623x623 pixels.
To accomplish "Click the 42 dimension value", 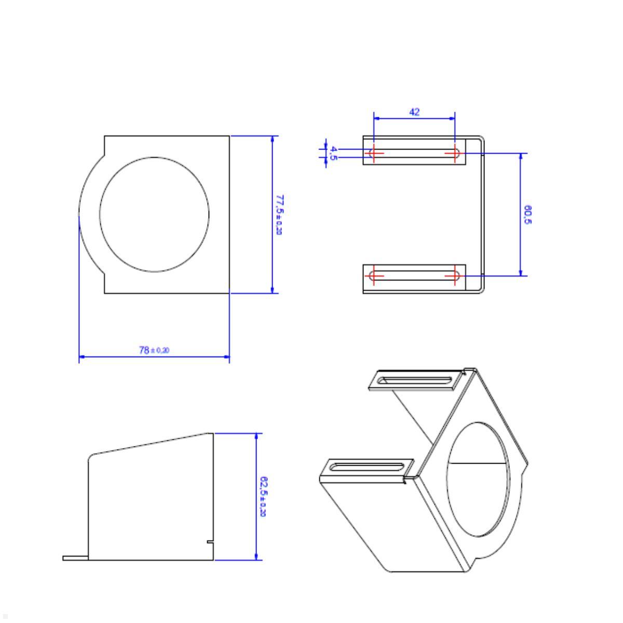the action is (x=414, y=112).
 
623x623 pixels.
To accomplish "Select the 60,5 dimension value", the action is (x=527, y=214).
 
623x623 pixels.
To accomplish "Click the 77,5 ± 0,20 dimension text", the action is (x=279, y=214).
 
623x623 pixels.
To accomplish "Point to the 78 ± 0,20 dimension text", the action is (x=154, y=350).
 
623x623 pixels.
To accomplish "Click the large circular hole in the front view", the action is (x=154, y=214).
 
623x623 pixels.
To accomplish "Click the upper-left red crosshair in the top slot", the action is (x=374, y=153).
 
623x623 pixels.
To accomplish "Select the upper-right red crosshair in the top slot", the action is (x=455, y=153).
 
